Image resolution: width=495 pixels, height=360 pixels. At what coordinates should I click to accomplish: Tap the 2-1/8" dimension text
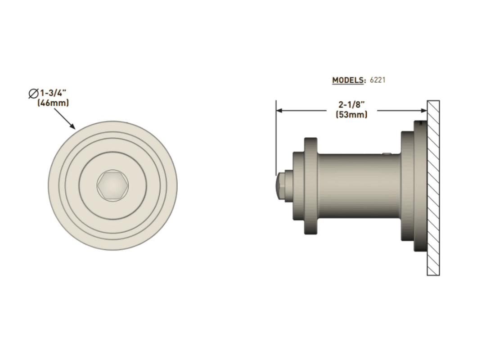pos(351,104)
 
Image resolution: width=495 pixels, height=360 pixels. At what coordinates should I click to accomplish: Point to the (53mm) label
pos(351,115)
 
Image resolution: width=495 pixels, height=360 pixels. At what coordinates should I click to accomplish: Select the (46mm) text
pos(53,103)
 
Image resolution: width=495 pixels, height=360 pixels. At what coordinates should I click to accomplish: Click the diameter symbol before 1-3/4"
pos(33,94)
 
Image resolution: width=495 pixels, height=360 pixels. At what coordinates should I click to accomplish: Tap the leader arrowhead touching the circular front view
pos(74,127)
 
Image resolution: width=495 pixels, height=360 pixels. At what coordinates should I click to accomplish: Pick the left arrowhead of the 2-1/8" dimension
pos(279,110)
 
